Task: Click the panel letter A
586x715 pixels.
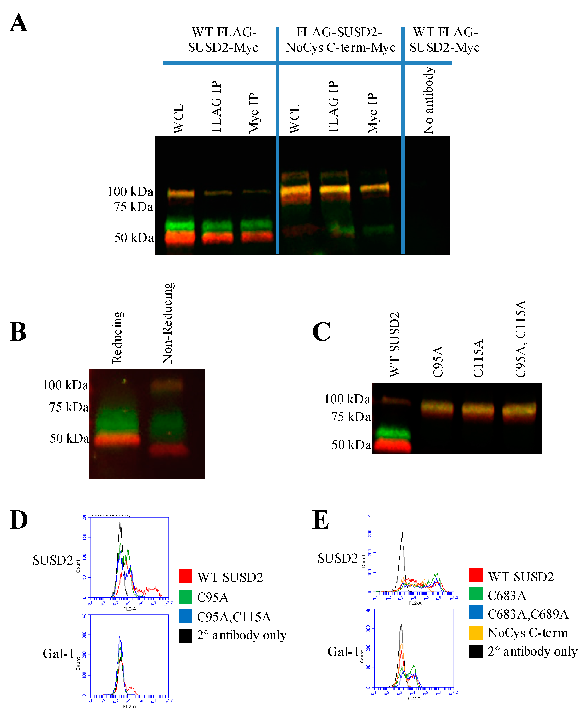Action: pyautogui.click(x=19, y=23)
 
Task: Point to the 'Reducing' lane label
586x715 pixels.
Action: pyautogui.click(x=118, y=337)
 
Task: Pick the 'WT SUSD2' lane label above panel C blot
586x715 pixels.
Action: pyautogui.click(x=394, y=345)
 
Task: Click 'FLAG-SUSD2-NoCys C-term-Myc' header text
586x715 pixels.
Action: pyautogui.click(x=340, y=40)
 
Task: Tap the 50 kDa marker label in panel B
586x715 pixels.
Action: pyautogui.click(x=69, y=438)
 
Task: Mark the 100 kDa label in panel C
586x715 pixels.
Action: pyautogui.click(x=347, y=399)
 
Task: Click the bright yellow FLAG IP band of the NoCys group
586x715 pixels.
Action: pyautogui.click(x=335, y=189)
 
